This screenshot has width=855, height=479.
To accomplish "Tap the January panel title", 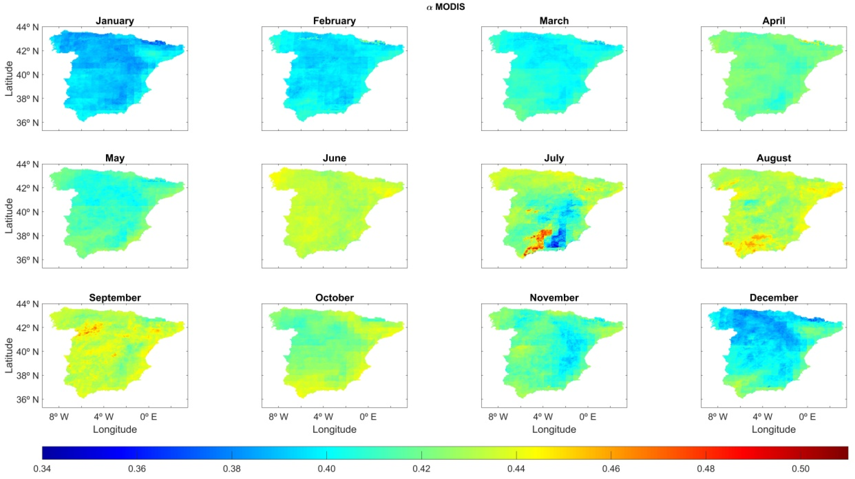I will point(115,21).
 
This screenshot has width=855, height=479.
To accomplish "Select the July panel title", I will point(554,158).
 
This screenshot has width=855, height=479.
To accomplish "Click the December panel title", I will point(774,298).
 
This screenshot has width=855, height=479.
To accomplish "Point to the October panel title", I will point(334,298).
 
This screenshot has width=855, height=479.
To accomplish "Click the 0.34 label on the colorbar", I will point(42,469).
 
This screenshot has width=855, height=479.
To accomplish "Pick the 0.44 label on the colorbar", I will point(516,469).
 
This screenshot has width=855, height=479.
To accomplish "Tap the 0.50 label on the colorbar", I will point(801,469).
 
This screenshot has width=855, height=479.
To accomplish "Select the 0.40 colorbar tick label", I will point(327,469).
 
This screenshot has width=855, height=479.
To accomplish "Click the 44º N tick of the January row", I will point(27,27).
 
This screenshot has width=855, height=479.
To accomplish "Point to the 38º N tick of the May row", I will point(27,236).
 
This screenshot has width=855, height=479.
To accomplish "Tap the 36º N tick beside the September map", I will point(27,399).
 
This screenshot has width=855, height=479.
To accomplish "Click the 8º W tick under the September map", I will point(59,417).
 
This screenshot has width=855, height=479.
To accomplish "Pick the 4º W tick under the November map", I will point(543,417).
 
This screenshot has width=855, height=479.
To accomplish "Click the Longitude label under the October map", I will point(334,429).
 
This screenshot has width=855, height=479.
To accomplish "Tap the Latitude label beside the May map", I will point(9,216).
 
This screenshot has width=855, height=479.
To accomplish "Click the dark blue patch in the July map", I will point(559,240).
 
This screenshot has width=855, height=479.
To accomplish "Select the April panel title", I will point(774,21).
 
